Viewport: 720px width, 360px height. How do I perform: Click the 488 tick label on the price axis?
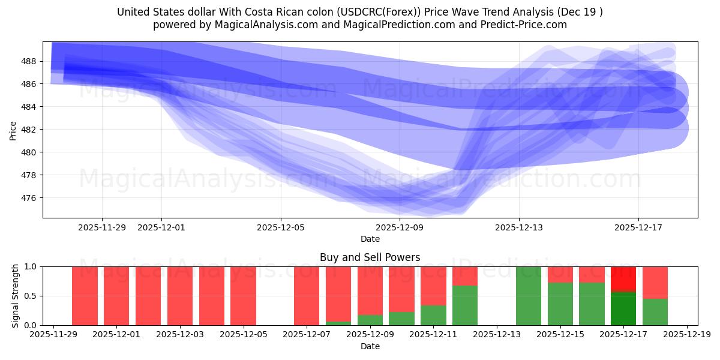(29, 61)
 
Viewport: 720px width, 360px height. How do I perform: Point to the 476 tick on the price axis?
(29, 198)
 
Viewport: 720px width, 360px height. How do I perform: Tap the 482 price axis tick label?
(29, 130)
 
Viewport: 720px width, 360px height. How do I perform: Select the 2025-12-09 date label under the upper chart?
(400, 227)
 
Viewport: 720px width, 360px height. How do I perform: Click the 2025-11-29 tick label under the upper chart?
(102, 227)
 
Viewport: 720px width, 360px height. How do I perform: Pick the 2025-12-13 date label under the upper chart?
(519, 227)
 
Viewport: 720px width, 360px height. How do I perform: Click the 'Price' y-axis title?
(13, 130)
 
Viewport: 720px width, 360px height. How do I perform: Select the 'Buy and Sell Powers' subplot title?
(370, 258)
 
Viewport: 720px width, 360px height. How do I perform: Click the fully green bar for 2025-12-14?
(529, 296)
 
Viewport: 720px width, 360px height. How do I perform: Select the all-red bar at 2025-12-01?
(116, 296)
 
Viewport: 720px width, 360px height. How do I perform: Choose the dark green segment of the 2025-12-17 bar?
(623, 309)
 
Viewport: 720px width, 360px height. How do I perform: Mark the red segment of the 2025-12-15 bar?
(560, 274)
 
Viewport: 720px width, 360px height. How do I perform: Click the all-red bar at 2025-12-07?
(307, 296)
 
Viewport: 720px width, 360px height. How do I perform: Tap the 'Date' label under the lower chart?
(370, 346)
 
